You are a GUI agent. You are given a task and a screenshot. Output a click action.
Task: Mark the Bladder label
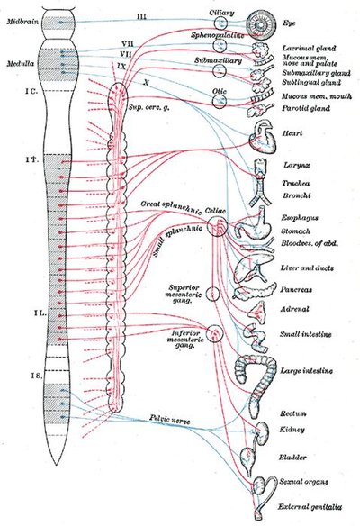294,457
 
